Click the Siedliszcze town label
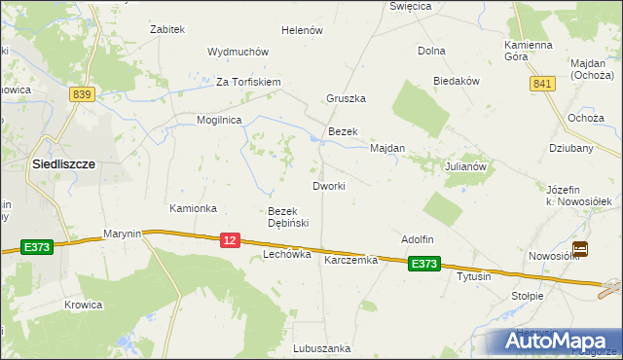point(63,164)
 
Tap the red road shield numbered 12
point(230,239)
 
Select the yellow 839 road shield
point(82,93)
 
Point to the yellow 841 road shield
point(542,85)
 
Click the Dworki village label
point(328,186)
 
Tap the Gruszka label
point(346,99)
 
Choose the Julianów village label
point(465,166)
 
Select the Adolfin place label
point(417,239)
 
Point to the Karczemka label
point(350,261)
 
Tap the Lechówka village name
point(287,254)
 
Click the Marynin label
point(124,234)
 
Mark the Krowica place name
point(84,305)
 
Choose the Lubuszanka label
point(321,347)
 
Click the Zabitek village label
point(167,29)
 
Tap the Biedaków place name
point(458,82)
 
